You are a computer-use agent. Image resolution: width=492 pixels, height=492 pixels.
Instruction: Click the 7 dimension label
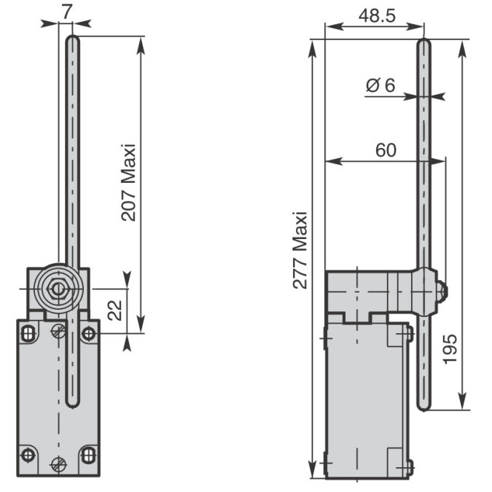(67, 12)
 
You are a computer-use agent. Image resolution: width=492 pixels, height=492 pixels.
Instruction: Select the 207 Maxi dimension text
(128, 183)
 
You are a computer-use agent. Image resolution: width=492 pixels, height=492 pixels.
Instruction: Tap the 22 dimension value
(115, 311)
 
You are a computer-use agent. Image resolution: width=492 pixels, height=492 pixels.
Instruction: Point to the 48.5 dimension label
(377, 16)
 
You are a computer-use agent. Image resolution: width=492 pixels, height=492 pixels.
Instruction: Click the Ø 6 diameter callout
(380, 85)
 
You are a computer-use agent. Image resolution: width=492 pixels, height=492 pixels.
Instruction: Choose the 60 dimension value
(386, 150)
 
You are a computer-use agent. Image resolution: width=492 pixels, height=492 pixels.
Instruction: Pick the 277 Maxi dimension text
(300, 250)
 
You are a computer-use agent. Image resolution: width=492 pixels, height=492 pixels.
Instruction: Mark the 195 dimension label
(450, 349)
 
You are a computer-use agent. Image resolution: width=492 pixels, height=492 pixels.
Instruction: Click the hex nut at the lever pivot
(57, 289)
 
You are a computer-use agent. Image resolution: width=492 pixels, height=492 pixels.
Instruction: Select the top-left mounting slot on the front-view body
(28, 334)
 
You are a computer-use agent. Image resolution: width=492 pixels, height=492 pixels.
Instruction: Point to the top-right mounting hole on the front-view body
(88, 333)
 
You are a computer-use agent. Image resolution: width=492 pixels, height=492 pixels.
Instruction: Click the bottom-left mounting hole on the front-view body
(28, 455)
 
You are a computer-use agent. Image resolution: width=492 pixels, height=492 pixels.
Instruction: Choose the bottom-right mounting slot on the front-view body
(88, 456)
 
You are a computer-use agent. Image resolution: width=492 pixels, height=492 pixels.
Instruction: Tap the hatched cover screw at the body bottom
(58, 464)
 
